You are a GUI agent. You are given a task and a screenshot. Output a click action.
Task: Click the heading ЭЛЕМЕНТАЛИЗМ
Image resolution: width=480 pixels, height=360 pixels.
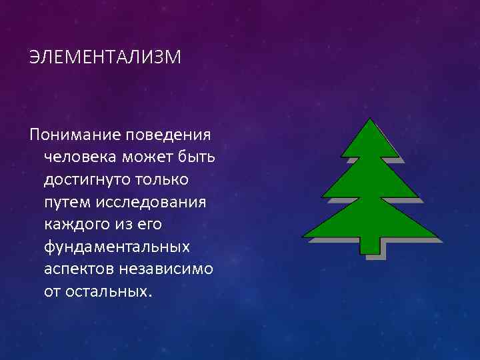[x=105, y=58]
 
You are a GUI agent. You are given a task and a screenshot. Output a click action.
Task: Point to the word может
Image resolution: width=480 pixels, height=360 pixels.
[x=148, y=157]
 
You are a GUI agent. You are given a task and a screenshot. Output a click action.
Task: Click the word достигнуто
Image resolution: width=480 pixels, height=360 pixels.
[x=85, y=180]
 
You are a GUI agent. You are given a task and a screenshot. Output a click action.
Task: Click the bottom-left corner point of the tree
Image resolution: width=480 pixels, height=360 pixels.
[x=304, y=237]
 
